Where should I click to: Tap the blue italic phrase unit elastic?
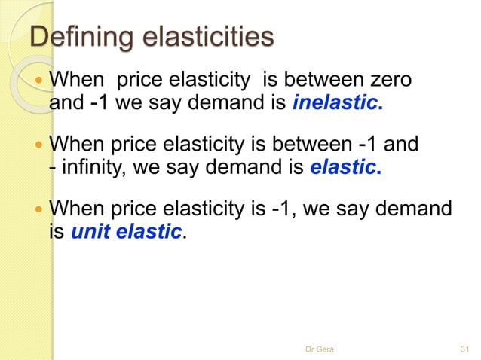click(127, 231)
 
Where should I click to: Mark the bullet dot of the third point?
click(38, 208)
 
